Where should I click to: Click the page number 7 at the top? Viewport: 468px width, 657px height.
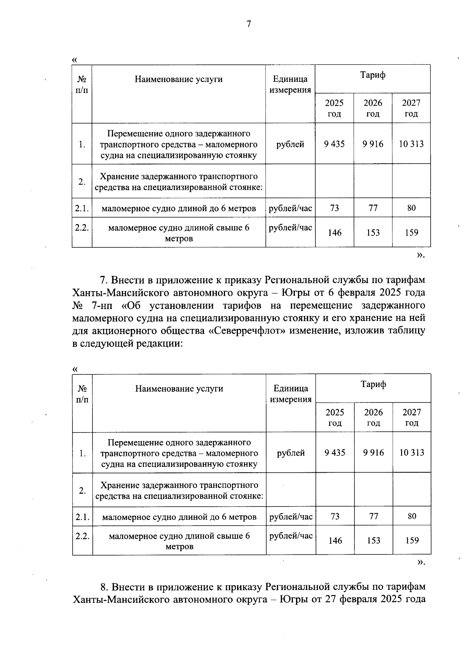coord(248,24)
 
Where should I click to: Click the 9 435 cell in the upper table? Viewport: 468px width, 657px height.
coord(334,144)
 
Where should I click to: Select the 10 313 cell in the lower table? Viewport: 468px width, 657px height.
coord(412,453)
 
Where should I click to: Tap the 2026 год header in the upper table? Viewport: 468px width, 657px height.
coord(373,108)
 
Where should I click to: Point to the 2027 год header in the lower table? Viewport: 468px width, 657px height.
coord(412,417)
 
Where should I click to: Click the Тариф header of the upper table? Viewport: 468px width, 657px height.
coord(373,75)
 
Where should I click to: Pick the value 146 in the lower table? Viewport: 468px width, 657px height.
coord(335,541)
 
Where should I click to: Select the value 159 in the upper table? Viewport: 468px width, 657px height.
coord(411,233)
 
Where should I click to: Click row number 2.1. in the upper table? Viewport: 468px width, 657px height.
coord(82,208)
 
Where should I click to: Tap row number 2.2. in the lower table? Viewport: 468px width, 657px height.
coord(82,536)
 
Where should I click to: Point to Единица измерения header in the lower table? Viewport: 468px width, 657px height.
coord(291,394)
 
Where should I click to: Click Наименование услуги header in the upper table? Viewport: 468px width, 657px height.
coord(179,79)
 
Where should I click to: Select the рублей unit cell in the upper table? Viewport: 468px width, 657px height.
coord(290,144)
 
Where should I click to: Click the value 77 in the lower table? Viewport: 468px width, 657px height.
coord(373,517)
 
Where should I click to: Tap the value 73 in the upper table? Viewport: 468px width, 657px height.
coord(334,208)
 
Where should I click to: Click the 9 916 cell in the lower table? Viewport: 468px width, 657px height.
coord(373,453)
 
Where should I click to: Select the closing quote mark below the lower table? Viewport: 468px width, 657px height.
coord(420,562)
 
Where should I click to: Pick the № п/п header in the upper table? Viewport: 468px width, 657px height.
coord(82,85)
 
